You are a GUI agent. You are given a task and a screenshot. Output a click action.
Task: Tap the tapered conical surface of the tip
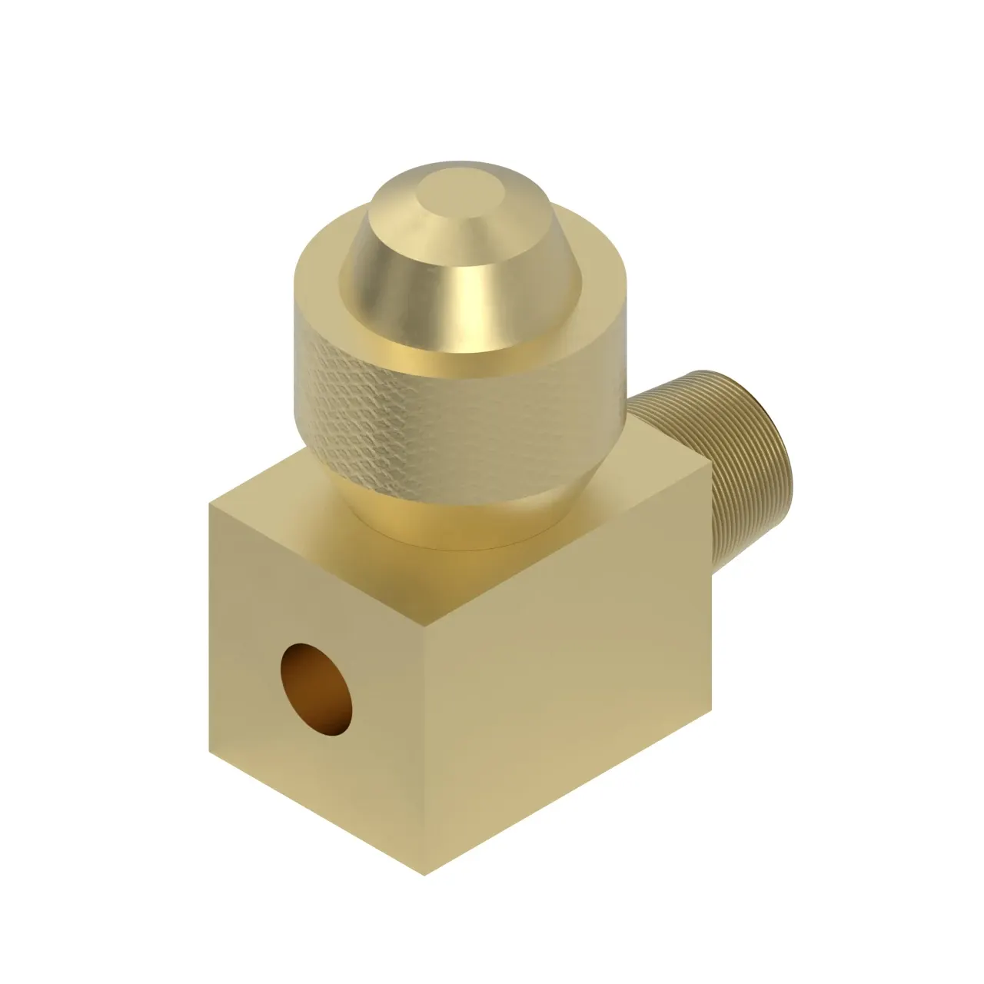[x=400, y=254]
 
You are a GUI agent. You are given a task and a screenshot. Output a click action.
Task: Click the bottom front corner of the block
[x=425, y=875]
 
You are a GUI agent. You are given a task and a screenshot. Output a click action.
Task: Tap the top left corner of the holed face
[x=210, y=504]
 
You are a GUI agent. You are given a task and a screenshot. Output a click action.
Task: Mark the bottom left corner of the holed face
[x=209, y=751]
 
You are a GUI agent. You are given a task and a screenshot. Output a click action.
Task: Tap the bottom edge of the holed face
[x=315, y=813]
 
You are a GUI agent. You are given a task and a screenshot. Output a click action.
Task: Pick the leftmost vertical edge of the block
[x=209, y=627]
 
